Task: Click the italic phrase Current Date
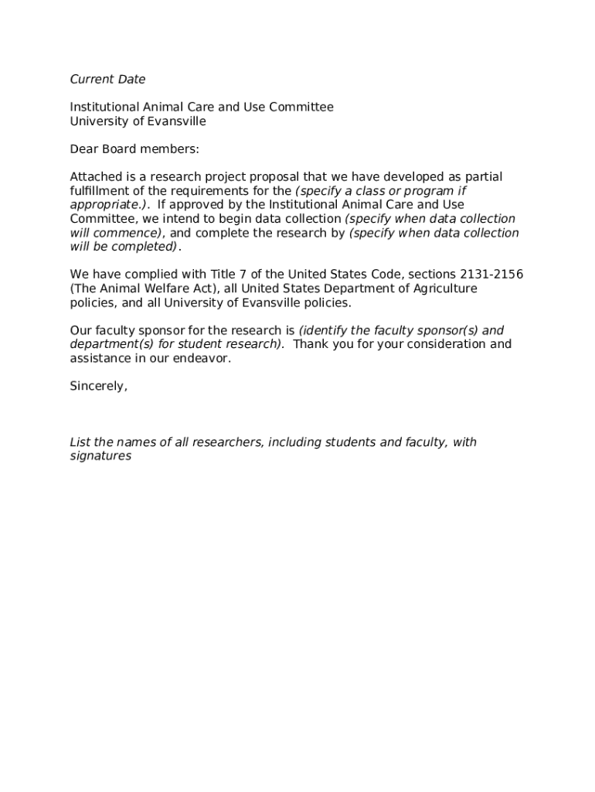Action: [107, 79]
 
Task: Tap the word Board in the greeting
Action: [119, 148]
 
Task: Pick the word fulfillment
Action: [102, 191]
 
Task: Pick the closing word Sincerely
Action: [98, 386]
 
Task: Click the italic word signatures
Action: [100, 456]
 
